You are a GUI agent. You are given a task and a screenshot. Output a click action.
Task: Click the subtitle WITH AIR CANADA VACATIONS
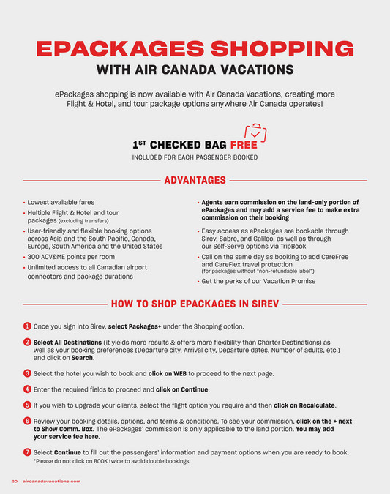[x=195, y=70]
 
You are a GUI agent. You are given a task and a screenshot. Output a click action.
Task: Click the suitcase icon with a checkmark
[x=255, y=137]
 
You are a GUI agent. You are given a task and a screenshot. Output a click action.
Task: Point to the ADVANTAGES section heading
[x=195, y=180]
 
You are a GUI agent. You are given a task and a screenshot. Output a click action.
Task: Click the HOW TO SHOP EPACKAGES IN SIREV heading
[x=195, y=303]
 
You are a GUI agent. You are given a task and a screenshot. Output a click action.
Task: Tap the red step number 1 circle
[x=27, y=326]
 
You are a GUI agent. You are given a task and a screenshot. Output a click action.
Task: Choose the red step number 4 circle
[x=27, y=389]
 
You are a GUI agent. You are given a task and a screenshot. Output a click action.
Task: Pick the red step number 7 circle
[x=27, y=452]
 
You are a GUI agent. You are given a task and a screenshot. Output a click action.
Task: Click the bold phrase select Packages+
[x=135, y=326]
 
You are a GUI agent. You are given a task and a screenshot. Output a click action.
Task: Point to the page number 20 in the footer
[x=13, y=482]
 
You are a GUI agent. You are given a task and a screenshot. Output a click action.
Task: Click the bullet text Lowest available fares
[x=61, y=202]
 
